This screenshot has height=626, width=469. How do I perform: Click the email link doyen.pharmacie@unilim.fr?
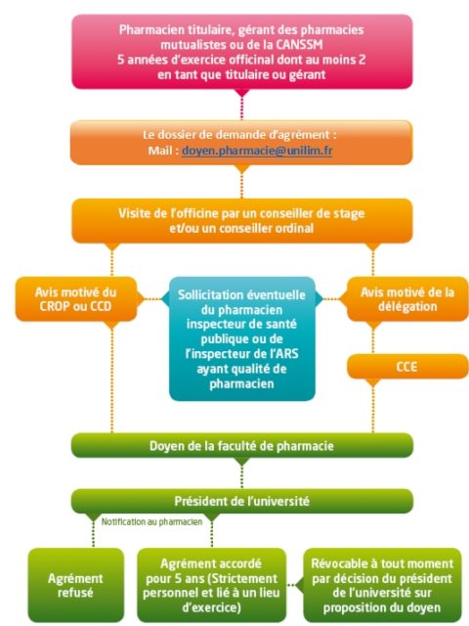tap(257, 151)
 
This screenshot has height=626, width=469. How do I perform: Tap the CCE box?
tap(407, 367)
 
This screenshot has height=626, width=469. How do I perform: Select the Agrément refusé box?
tap(76, 585)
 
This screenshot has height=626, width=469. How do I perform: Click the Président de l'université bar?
tap(242, 501)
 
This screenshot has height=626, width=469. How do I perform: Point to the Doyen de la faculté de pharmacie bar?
tap(242, 446)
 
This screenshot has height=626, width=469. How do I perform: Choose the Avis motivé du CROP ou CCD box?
tap(76, 299)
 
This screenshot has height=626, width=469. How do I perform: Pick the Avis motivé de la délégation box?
tap(407, 299)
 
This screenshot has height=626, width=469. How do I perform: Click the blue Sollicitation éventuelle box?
tap(242, 339)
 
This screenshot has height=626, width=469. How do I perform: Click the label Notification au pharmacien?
tap(152, 521)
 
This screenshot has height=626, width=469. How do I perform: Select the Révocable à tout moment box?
tap(382, 585)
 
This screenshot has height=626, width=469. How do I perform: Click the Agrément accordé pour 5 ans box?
tap(212, 585)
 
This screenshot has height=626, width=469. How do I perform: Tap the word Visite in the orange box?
tap(136, 213)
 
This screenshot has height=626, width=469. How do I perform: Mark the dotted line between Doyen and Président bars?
tap(242, 476)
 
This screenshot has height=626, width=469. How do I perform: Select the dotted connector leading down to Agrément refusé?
tap(94, 534)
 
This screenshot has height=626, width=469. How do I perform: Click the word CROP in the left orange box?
tap(55, 306)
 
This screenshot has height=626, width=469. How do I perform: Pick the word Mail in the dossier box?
tap(160, 151)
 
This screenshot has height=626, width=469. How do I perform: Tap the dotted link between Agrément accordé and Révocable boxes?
tap(295, 585)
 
